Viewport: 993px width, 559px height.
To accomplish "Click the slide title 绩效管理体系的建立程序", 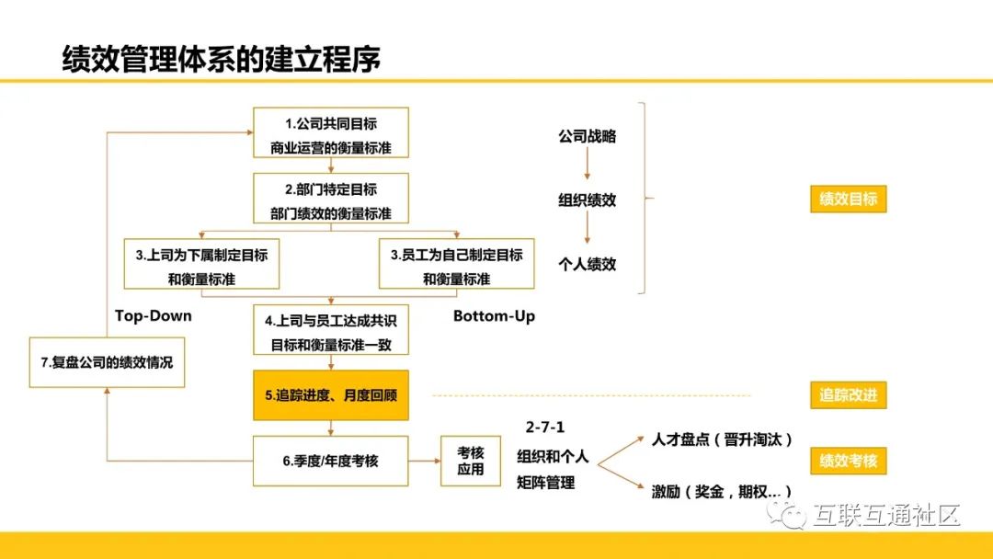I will [x=221, y=59].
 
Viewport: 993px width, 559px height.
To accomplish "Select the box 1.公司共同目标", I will [x=330, y=133].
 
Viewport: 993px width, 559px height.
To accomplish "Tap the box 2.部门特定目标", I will [x=330, y=200].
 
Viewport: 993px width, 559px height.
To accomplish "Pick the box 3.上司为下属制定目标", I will [x=200, y=265].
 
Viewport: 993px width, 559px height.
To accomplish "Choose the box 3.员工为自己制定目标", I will [x=456, y=265].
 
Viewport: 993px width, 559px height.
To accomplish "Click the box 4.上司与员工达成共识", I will [x=330, y=331].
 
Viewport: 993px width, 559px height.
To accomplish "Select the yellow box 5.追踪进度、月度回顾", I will [x=330, y=396].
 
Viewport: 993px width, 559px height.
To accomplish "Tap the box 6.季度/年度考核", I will [x=330, y=461].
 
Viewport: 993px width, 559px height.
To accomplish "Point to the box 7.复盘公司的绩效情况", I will [x=107, y=362].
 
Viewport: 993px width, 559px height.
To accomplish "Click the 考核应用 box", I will [x=471, y=461].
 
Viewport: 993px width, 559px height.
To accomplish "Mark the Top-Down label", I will [x=154, y=315].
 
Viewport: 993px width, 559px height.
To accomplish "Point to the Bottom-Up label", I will [x=494, y=316].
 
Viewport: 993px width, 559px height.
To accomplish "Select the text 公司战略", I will [x=587, y=137].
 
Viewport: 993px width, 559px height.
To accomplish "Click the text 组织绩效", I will [x=587, y=200].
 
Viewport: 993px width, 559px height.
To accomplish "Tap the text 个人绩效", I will [x=587, y=264].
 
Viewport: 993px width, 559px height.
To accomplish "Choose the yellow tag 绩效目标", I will [x=848, y=199].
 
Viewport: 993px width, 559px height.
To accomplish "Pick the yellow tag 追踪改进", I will [x=848, y=396].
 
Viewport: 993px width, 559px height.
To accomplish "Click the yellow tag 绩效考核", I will [x=848, y=461].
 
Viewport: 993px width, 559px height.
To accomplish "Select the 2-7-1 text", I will [x=545, y=428].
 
